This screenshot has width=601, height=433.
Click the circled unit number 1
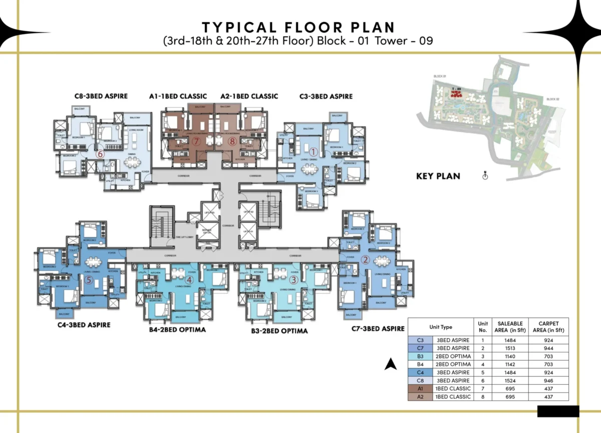(x=314, y=151)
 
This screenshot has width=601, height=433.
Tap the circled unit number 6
(x=100, y=155)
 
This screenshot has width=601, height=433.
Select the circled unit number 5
(x=89, y=280)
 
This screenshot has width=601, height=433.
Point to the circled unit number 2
(x=365, y=260)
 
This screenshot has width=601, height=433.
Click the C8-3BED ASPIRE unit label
(x=101, y=96)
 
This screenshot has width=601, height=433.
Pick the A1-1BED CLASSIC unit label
(x=178, y=96)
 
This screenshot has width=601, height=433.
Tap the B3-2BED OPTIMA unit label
(x=279, y=331)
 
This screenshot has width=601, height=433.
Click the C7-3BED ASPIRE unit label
(x=378, y=328)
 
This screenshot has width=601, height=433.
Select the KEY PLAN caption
(x=438, y=176)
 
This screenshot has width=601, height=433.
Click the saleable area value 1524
(x=510, y=380)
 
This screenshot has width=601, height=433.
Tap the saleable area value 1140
(x=510, y=356)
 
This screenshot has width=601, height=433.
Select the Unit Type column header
(x=440, y=327)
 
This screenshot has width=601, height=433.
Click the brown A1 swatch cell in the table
(x=420, y=388)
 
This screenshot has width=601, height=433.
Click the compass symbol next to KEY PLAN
(x=484, y=176)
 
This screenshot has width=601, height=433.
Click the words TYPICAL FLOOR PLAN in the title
(x=298, y=27)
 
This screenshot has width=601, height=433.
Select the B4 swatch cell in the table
(x=420, y=364)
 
